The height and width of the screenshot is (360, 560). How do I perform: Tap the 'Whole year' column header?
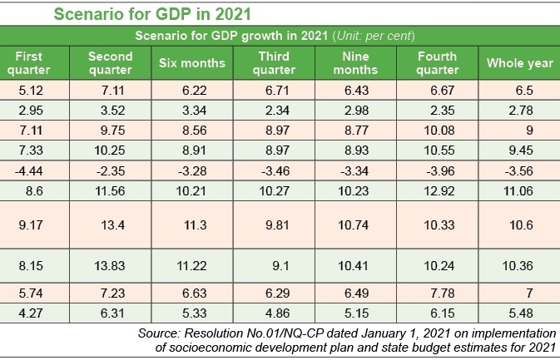pyautogui.click(x=514, y=63)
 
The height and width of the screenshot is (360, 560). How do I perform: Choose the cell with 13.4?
pyautogui.click(x=110, y=224)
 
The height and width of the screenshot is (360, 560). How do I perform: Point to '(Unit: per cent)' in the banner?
pyautogui.click(x=374, y=36)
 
